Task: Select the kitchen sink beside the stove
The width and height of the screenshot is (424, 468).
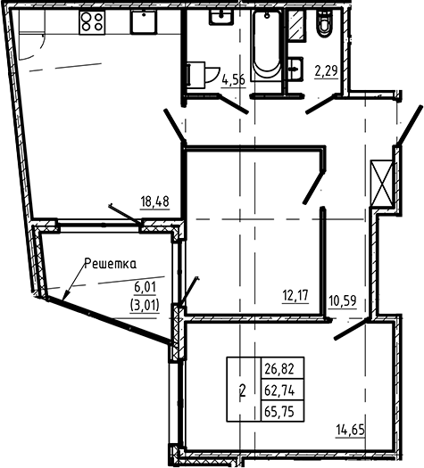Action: (144, 22)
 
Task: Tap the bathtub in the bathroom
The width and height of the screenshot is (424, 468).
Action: (265, 45)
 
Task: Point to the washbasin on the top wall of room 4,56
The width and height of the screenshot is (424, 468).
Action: (218, 20)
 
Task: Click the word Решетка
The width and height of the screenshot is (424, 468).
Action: (111, 263)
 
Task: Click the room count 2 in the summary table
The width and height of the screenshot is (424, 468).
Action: (243, 390)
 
